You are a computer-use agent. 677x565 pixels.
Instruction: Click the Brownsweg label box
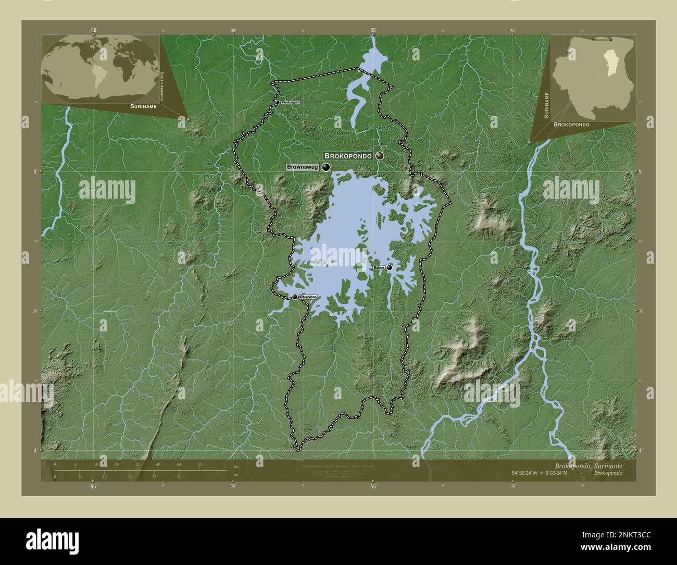click(x=302, y=167)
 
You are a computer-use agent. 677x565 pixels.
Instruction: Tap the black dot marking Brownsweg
click(x=326, y=167)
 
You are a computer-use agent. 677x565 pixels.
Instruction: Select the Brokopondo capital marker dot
click(x=380, y=156)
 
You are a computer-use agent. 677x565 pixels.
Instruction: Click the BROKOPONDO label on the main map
click(x=348, y=156)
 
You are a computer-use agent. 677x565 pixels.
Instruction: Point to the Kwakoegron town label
click(x=291, y=103)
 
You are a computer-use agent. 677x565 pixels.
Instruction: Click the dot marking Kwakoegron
click(x=278, y=103)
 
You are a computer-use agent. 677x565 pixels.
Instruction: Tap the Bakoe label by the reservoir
click(x=379, y=267)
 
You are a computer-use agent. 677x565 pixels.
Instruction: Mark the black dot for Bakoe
click(x=389, y=267)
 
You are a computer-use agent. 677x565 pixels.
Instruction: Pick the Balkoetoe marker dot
click(x=295, y=297)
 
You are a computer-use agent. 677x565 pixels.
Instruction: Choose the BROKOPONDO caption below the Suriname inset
click(x=571, y=125)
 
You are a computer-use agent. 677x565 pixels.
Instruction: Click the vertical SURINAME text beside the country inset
click(x=546, y=105)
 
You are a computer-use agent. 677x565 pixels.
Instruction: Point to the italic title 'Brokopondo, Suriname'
click(x=588, y=464)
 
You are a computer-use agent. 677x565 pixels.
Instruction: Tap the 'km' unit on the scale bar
click(x=236, y=466)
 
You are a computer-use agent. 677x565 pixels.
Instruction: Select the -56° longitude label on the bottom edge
click(x=93, y=486)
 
